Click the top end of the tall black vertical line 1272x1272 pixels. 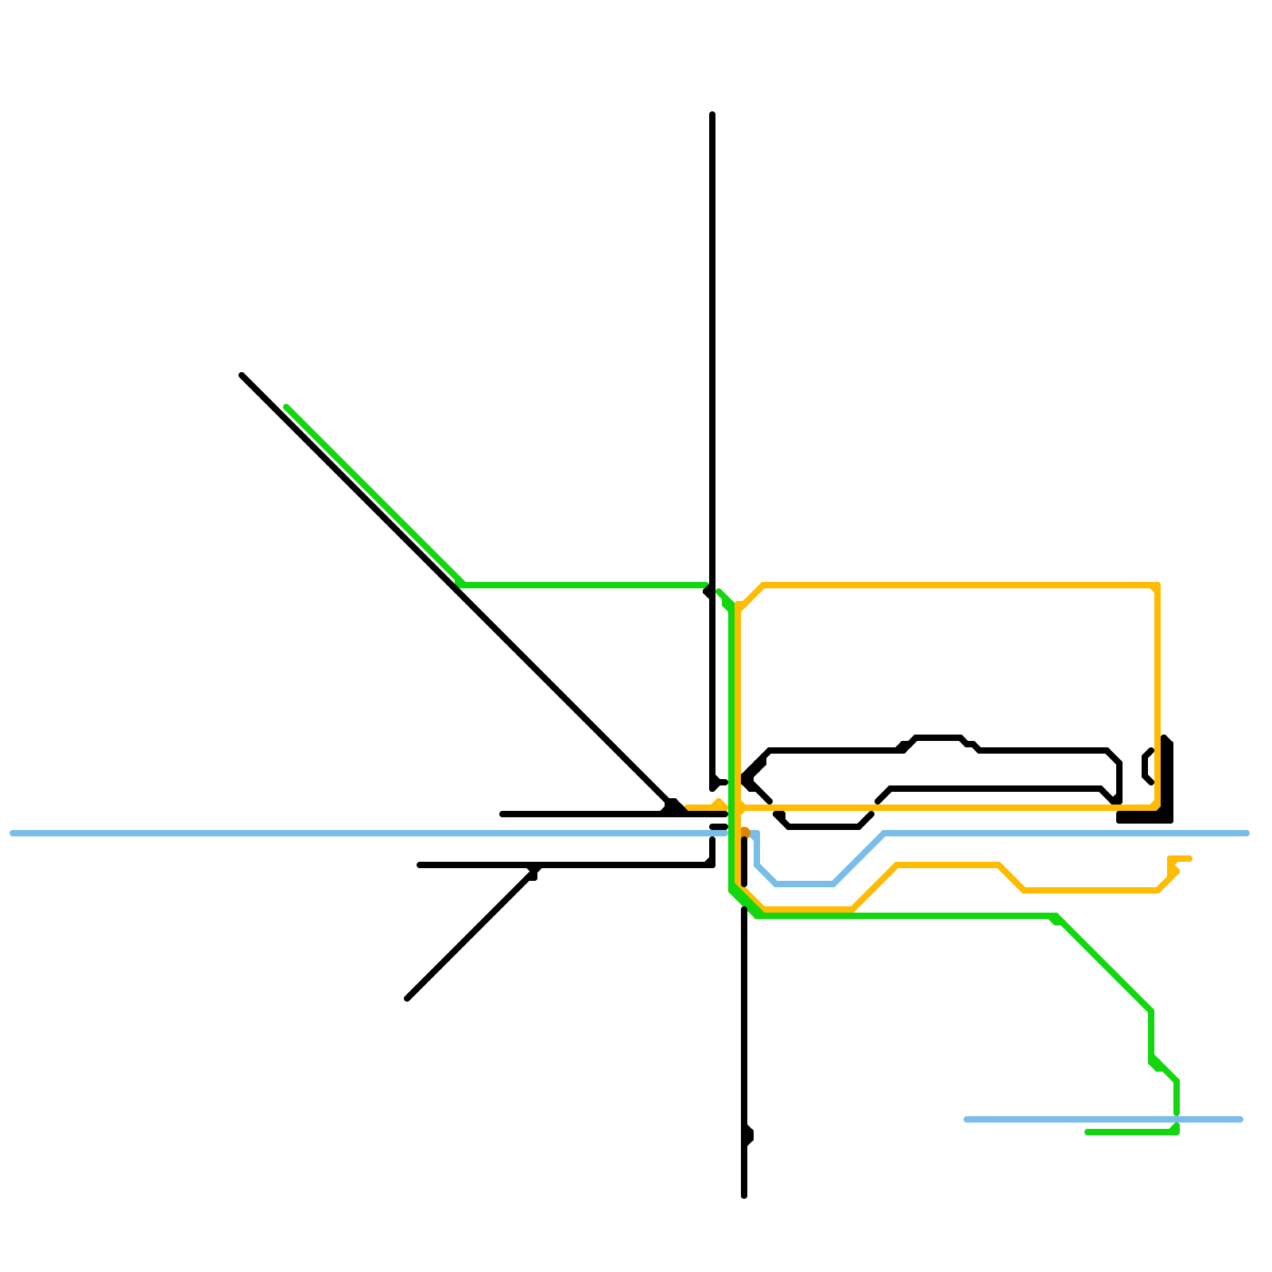(712, 114)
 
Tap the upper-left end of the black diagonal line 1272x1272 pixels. (242, 375)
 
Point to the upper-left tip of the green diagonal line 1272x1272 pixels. (286, 407)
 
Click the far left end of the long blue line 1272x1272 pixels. (12, 833)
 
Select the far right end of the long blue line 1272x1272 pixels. (1247, 833)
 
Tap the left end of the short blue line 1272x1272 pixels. (966, 1119)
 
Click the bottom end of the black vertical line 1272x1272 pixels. (744, 1195)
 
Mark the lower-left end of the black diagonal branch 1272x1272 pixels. (407, 999)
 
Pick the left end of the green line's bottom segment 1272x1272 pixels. (1088, 1132)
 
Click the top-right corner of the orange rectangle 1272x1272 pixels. (1158, 586)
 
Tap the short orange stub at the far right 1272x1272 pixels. (1181, 859)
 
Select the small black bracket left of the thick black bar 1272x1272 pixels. (1147, 766)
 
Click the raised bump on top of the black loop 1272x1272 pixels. (938, 739)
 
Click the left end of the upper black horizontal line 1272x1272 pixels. (502, 814)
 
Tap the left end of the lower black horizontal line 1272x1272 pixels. (420, 865)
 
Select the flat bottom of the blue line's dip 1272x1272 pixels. (804, 883)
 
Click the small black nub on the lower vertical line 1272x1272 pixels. (748, 1135)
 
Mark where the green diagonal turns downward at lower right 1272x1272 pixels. (1150, 1011)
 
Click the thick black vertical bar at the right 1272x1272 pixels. (1166, 779)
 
